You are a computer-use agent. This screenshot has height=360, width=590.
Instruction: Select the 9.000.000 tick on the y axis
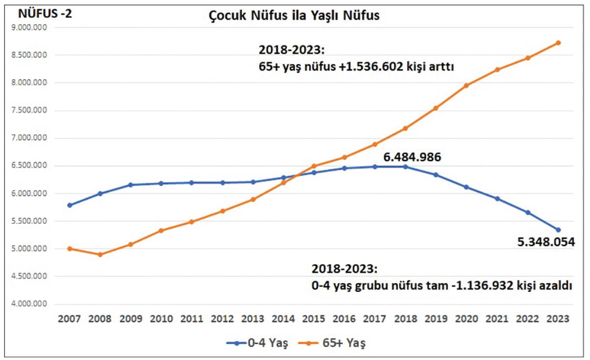[x=32, y=28]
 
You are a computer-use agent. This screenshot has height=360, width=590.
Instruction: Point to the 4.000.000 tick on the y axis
[x=32, y=304]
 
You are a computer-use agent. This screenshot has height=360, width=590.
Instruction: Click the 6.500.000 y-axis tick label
[x=32, y=166]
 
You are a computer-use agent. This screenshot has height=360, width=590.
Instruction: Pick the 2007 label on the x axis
[x=69, y=319]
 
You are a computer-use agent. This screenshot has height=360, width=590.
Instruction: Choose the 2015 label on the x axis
[x=313, y=319]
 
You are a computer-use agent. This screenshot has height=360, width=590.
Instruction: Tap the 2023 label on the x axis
[x=558, y=319]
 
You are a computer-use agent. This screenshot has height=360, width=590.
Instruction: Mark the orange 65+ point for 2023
[x=558, y=43]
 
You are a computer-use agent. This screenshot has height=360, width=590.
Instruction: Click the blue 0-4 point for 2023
[x=558, y=230]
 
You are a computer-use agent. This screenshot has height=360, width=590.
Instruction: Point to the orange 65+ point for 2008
[x=100, y=255]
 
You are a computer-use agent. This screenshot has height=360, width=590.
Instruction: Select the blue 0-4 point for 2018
[x=405, y=167]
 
